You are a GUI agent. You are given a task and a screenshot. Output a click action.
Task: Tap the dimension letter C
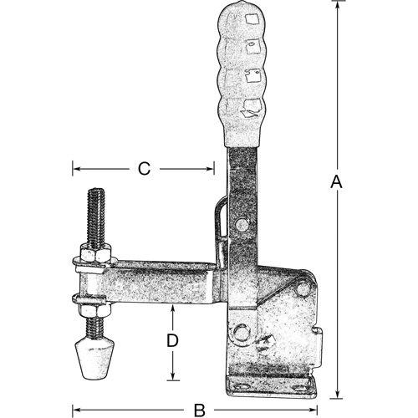coord(143,169)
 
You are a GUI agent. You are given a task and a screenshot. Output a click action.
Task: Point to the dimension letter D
coord(171,340)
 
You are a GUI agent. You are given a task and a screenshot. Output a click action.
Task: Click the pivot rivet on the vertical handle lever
coord(242,225)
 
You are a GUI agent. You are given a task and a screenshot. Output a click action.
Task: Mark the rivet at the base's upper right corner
coord(302,286)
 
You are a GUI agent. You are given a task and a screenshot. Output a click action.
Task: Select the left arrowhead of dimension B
coord(77,410)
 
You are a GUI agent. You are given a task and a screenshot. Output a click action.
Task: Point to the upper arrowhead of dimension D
coord(172,308)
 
